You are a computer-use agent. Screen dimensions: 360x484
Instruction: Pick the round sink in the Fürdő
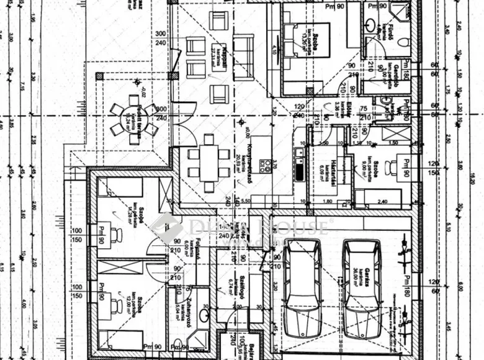click(371, 26)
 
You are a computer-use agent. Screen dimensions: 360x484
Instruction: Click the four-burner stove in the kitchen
click(265, 166)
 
